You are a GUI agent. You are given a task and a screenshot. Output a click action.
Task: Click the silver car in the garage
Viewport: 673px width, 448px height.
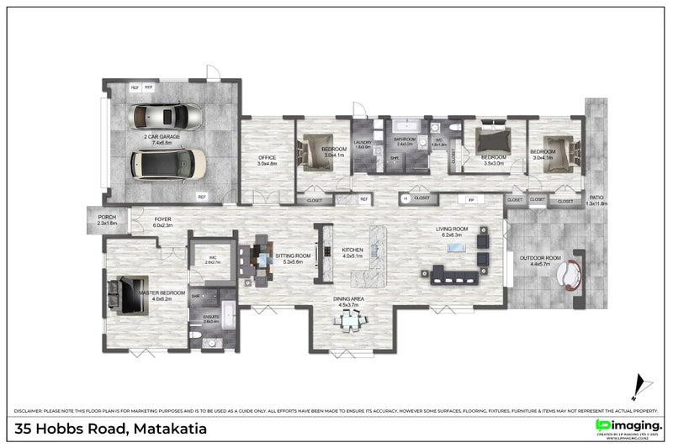(x=166, y=117)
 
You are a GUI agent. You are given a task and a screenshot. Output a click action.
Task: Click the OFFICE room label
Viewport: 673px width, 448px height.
(x=268, y=157)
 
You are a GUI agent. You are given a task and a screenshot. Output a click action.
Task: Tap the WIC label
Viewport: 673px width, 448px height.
(x=212, y=258)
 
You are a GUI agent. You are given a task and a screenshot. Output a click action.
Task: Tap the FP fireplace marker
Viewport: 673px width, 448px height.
(x=471, y=199)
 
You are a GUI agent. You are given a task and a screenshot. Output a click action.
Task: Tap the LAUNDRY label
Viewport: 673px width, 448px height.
(x=363, y=144)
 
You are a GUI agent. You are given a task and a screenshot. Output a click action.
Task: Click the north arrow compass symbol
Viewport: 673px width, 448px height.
(x=641, y=387)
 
